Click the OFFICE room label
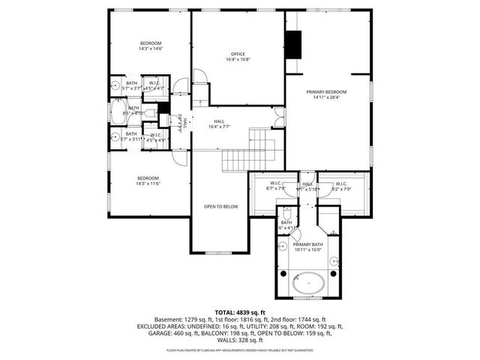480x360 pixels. [x=238, y=57]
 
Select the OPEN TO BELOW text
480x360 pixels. [x=221, y=206]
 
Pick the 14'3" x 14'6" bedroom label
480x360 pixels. [x=150, y=46]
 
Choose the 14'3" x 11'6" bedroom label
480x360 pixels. [x=148, y=181]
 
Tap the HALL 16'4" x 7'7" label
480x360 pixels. [x=219, y=124]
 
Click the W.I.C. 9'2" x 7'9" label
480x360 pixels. [x=341, y=186]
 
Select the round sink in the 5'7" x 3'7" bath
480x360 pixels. [x=115, y=84]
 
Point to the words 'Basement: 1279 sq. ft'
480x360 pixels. [x=182, y=319]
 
